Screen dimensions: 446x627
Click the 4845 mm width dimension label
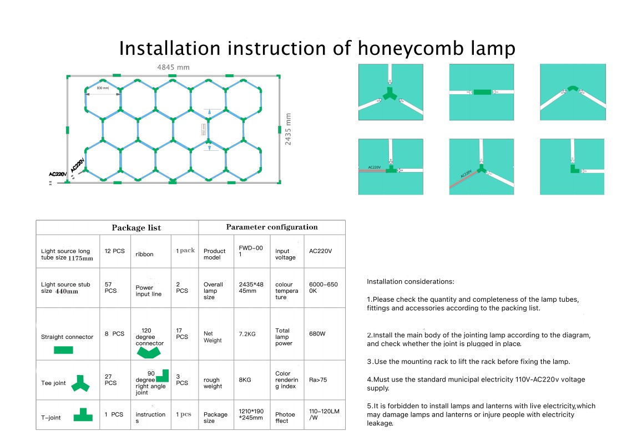click(x=173, y=68)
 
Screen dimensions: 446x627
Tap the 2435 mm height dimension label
click(x=288, y=129)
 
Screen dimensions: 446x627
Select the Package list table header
click(x=136, y=227)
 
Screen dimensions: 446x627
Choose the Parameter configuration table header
click(x=272, y=227)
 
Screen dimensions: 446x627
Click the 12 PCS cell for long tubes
click(x=115, y=251)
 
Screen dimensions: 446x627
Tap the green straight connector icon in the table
click(x=63, y=349)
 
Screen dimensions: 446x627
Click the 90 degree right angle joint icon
click(x=162, y=376)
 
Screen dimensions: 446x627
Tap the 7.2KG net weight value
click(x=247, y=334)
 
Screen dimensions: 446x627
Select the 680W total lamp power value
click(x=317, y=334)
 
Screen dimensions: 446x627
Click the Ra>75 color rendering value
click(x=318, y=380)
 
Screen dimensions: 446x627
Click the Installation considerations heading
click(x=410, y=282)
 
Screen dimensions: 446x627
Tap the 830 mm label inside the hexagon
click(x=103, y=88)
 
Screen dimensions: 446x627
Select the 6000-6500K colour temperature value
click(x=323, y=287)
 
